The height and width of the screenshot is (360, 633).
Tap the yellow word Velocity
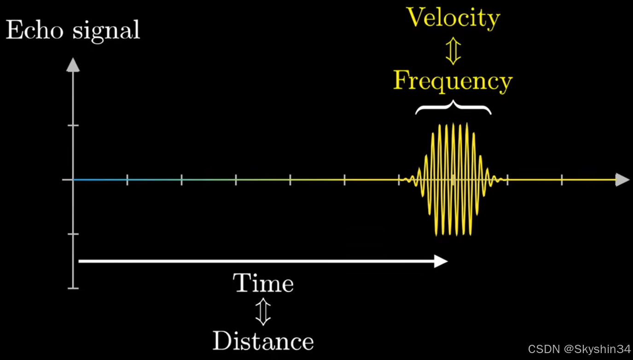click(453, 18)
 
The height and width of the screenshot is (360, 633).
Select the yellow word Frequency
click(453, 81)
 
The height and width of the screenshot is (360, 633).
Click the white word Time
click(263, 283)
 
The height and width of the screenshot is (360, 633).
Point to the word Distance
click(263, 341)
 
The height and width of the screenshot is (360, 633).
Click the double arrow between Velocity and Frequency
click(453, 50)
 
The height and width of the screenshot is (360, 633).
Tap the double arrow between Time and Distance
click(263, 312)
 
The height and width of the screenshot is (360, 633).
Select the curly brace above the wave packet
click(453, 109)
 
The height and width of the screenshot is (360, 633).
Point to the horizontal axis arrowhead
click(622, 180)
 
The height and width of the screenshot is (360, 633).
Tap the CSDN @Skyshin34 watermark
click(579, 349)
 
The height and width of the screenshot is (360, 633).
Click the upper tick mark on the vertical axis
click(73, 125)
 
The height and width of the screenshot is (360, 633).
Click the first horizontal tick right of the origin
click(127, 180)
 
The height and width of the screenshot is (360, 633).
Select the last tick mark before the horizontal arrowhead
click(562, 180)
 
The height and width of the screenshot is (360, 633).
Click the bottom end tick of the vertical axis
click(73, 288)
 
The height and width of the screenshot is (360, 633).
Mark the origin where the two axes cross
click(73, 180)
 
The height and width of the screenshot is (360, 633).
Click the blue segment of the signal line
click(99, 180)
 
